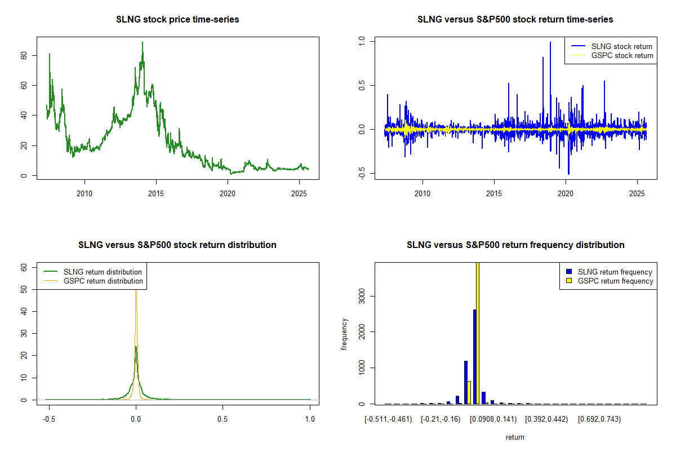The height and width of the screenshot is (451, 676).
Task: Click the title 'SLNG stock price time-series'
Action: click(x=177, y=20)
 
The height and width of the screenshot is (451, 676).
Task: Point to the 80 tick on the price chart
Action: click(x=24, y=55)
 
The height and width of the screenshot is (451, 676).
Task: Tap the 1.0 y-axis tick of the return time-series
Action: click(x=362, y=41)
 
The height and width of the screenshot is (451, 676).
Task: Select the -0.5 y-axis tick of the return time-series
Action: click(x=362, y=174)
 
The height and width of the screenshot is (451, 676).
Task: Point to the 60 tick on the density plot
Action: click(x=24, y=268)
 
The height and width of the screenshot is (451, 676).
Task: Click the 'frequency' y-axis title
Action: click(x=344, y=334)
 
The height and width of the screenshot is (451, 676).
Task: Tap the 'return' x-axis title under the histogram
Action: click(x=515, y=437)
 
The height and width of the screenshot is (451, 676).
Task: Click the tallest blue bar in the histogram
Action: click(x=475, y=356)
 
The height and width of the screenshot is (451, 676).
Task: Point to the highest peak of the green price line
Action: click(x=143, y=43)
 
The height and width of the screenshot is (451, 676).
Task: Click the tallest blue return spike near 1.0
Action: click(x=550, y=43)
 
